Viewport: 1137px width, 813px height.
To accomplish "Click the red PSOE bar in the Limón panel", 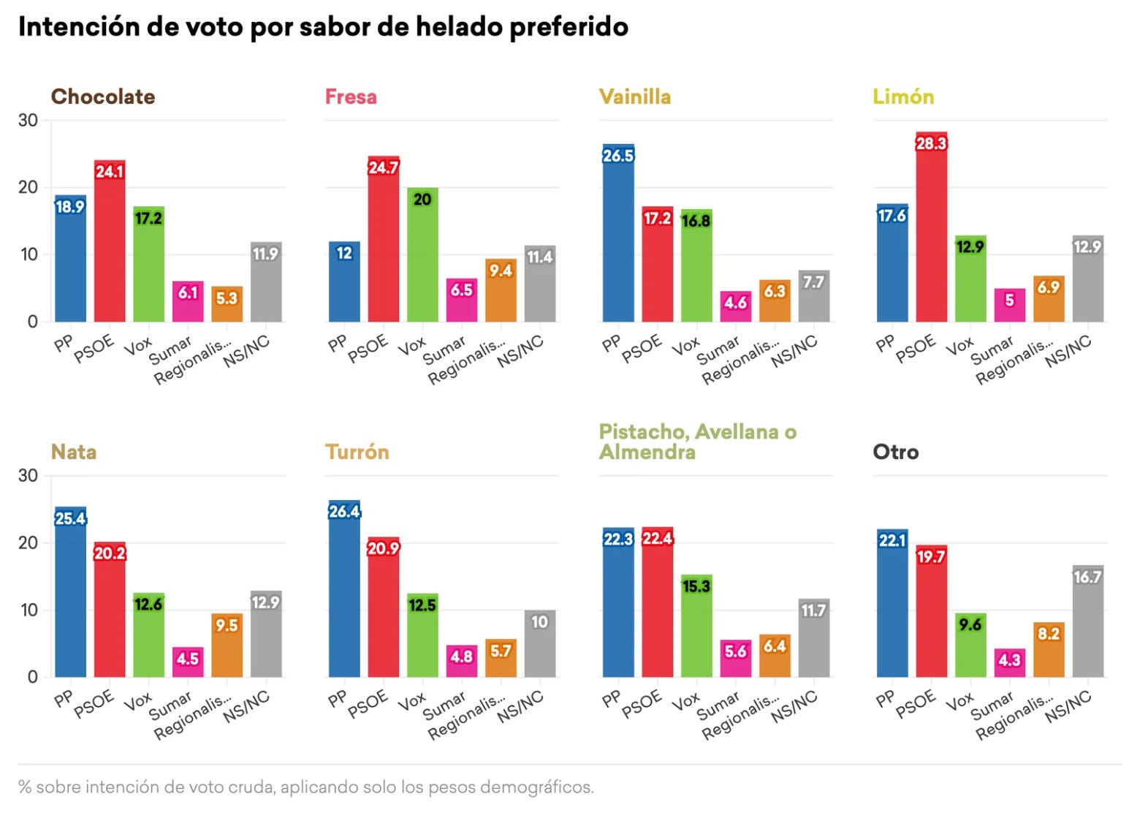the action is point(931,227).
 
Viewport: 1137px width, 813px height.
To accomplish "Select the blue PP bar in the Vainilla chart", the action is point(618,232).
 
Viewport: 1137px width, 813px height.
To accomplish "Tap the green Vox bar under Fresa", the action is point(422,254).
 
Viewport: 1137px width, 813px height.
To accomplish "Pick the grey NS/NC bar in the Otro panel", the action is point(1088,621).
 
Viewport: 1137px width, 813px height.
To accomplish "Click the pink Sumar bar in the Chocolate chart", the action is point(188,301).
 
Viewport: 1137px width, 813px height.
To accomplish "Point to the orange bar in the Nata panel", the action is point(227,646).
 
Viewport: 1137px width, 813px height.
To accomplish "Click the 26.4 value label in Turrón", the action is point(344,511).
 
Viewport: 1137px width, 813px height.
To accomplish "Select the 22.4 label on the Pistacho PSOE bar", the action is point(658,538).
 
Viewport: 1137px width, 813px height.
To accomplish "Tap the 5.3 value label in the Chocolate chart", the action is point(227,298).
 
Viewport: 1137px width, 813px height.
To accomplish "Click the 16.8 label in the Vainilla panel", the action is point(696,221).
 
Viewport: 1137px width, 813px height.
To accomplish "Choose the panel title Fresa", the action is point(351,97).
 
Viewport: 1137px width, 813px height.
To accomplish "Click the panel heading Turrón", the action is point(357,452).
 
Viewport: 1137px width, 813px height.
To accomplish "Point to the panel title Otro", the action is point(895,452).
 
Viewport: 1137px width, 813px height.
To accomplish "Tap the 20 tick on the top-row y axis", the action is point(28,187).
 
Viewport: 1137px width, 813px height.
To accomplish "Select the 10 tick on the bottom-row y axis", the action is point(29,610).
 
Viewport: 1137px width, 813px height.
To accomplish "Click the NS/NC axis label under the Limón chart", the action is point(1068,351).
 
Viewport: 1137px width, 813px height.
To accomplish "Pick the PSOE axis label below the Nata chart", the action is point(94,704).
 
